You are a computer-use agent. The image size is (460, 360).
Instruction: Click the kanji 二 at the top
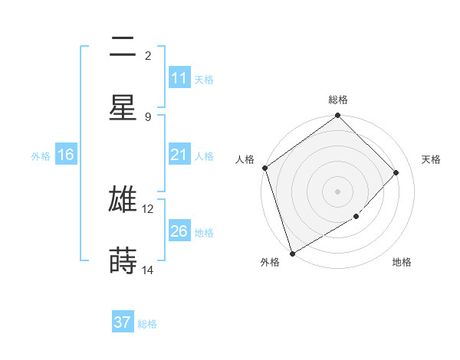point(123,48)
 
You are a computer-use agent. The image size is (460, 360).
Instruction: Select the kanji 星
point(123,108)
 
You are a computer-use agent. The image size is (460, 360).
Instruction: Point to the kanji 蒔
point(123,260)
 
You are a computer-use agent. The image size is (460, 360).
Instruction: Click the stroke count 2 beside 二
point(148,56)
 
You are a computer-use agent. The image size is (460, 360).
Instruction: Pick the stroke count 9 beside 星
point(148,116)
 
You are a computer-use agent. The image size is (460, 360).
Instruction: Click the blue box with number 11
point(179,78)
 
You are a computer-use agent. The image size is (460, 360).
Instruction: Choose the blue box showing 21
point(179,155)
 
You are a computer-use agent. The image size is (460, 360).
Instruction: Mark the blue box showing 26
point(179,231)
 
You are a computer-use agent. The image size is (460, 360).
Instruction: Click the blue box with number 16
point(66,155)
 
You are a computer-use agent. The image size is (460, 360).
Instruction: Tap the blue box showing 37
point(123,322)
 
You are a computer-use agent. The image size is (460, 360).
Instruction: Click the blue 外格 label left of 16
point(41,155)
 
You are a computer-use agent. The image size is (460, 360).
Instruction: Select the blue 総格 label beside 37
point(147,323)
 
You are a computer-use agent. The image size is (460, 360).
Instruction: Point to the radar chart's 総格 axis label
point(338,100)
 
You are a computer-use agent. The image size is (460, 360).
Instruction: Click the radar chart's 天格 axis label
point(432,159)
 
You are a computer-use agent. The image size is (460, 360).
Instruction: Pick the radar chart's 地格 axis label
point(402,263)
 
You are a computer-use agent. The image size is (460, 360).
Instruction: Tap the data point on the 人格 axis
point(264,168)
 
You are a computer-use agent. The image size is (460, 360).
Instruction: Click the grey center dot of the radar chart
point(337,191)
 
